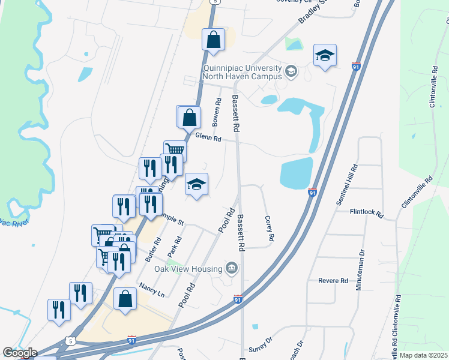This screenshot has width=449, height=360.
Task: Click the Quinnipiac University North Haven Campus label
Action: tap(242, 73)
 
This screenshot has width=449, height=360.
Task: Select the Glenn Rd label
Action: tap(208, 137)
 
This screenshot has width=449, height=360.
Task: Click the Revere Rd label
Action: tap(333, 280)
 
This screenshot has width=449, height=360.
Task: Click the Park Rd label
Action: tap(175, 248)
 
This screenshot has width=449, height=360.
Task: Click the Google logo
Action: tap(19, 353)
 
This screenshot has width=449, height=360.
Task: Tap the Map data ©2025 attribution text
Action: tap(423, 355)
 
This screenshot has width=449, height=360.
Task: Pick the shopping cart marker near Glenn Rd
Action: tap(175, 150)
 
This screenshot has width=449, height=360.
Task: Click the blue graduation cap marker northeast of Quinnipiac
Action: tap(325, 55)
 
